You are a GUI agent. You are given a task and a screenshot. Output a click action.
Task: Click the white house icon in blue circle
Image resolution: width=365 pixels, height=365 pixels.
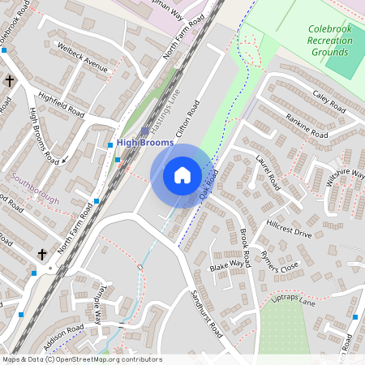(x=182, y=174)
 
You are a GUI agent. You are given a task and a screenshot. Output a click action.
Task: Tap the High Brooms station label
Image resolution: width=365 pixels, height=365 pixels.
(x=145, y=143)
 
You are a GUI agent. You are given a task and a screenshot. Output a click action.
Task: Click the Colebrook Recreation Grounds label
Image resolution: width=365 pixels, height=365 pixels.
(x=330, y=41)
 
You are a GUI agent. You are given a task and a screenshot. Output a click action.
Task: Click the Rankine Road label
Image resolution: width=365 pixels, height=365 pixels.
(x=307, y=122)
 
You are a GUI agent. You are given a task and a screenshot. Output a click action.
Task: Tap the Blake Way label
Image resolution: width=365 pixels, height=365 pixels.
(x=226, y=265)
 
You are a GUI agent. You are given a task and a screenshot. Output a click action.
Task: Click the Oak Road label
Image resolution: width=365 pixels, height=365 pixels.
(x=209, y=183)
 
